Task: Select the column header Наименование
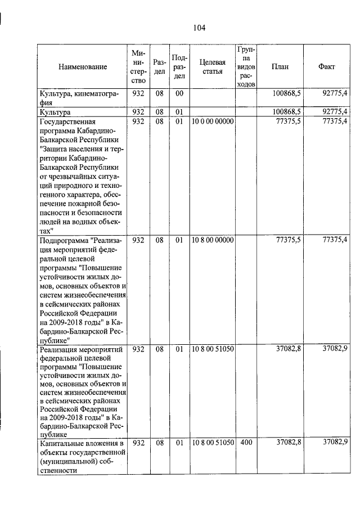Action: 82,67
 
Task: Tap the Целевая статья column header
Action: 212,66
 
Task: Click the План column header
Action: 280,66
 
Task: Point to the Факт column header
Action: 326,66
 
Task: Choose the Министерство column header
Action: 138,66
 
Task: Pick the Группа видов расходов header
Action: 246,66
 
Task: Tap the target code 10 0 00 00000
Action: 212,121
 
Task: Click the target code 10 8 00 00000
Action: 212,240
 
